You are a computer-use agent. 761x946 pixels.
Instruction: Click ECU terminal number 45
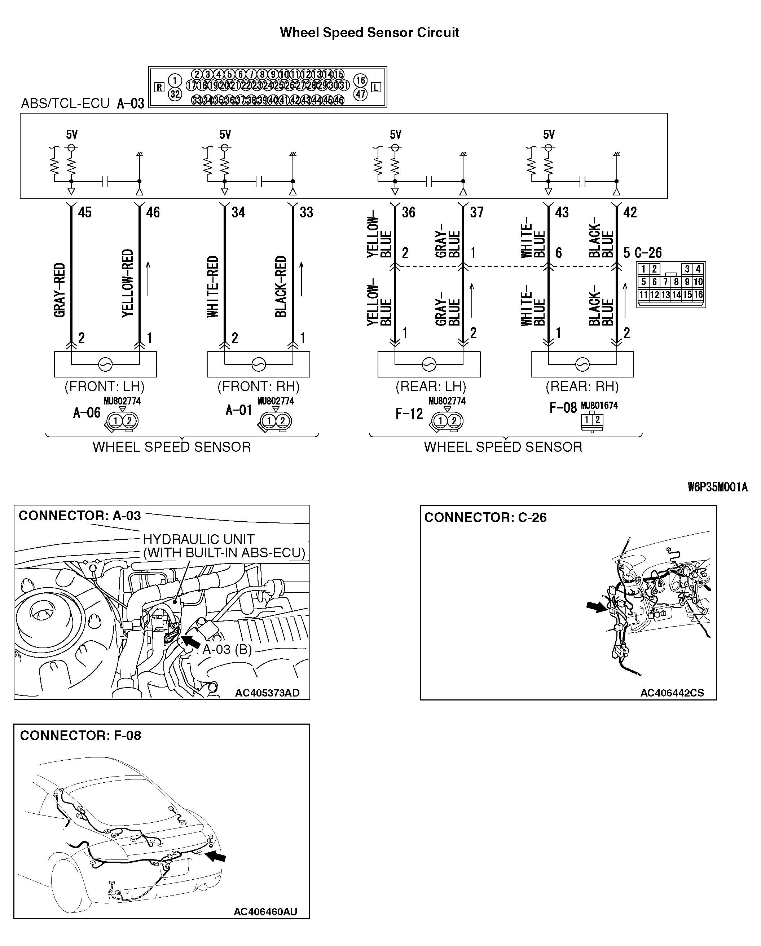85,212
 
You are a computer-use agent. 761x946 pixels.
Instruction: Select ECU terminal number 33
306,212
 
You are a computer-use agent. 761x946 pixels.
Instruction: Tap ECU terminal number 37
476,212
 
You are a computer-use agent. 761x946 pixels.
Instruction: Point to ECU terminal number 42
630,212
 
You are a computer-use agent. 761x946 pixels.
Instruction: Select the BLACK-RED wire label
281,286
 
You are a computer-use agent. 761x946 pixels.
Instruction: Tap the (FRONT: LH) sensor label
105,386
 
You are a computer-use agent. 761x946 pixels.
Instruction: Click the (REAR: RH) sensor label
582,386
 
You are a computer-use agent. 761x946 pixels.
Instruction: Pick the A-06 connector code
87,413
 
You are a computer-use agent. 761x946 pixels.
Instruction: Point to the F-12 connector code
409,414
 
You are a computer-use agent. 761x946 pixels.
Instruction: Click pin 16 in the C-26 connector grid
698,295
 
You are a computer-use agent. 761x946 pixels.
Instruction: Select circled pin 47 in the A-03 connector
360,94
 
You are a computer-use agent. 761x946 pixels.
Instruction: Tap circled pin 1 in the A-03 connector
175,80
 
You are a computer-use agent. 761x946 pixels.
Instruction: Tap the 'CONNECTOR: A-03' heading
79,516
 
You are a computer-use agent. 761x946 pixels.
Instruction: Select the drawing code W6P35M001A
717,487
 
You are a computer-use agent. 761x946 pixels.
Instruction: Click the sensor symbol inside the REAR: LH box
428,364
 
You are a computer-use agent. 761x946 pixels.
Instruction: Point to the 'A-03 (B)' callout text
226,649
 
